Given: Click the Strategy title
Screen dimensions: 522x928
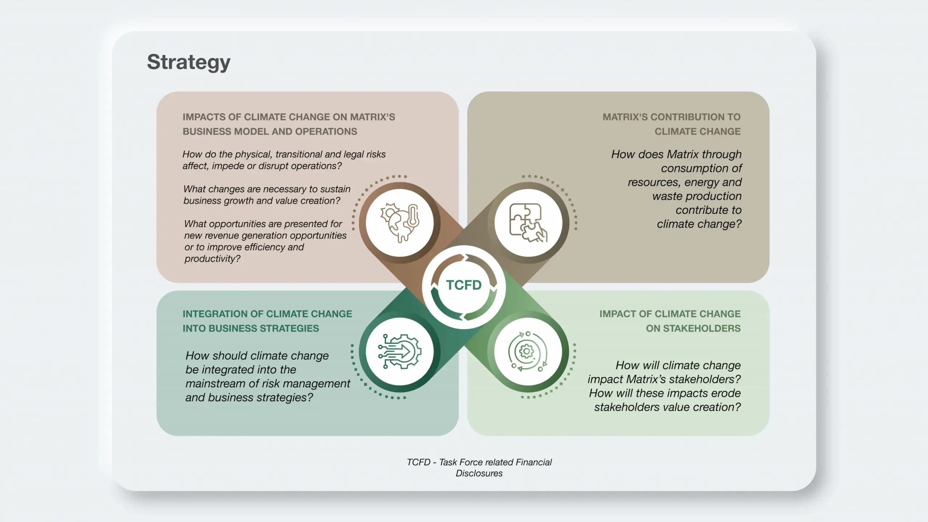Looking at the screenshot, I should point(188,62).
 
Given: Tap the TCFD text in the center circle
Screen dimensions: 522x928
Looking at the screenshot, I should point(464,285).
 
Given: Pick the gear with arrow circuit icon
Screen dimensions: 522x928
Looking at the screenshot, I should point(399,351).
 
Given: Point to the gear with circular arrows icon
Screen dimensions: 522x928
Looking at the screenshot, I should point(528,351).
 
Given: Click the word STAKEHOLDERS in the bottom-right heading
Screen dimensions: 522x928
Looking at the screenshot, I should point(693,328).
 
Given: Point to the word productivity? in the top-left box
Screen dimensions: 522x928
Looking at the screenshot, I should point(212,259).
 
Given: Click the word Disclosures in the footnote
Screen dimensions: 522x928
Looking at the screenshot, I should point(479,473).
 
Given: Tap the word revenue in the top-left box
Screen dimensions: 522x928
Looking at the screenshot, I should point(221,236).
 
